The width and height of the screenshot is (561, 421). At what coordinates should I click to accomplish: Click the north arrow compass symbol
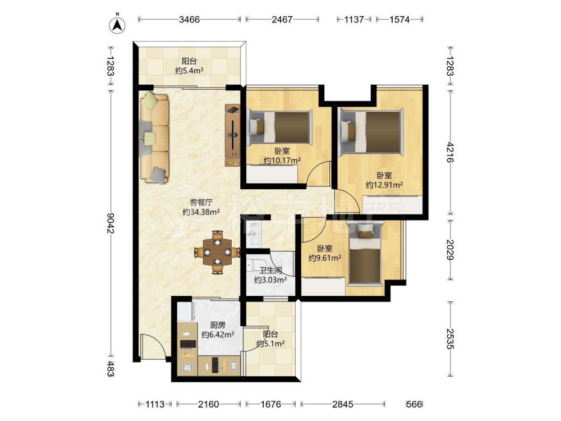coord(117,24)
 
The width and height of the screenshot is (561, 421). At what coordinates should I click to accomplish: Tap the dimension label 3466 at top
coord(189,19)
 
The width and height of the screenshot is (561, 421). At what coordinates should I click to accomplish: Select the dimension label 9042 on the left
coord(110,223)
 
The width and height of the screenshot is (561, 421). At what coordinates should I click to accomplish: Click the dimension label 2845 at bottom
coord(343,404)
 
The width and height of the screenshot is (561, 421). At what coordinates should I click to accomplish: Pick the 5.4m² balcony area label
coord(189,71)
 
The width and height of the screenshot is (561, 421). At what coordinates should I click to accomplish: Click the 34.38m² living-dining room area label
coord(201,212)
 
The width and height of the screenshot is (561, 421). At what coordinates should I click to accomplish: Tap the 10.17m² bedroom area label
coord(282,161)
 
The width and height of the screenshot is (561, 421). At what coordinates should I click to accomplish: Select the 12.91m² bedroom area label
coord(384,185)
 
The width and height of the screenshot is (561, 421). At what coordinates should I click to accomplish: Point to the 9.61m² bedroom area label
coord(325,258)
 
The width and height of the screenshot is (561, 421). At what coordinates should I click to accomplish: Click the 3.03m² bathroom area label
coord(270,280)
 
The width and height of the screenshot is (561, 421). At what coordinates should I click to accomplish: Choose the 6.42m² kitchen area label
coord(218,335)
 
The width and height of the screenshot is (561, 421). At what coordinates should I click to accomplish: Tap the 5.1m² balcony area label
coord(270,344)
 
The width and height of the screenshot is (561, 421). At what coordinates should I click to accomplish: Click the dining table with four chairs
coord(217,252)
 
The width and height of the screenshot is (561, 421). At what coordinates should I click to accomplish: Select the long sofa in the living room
coord(155,138)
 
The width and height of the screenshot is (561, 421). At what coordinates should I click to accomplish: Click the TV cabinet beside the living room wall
coord(233,135)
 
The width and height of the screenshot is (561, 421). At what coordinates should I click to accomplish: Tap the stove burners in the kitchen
coord(187,344)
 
